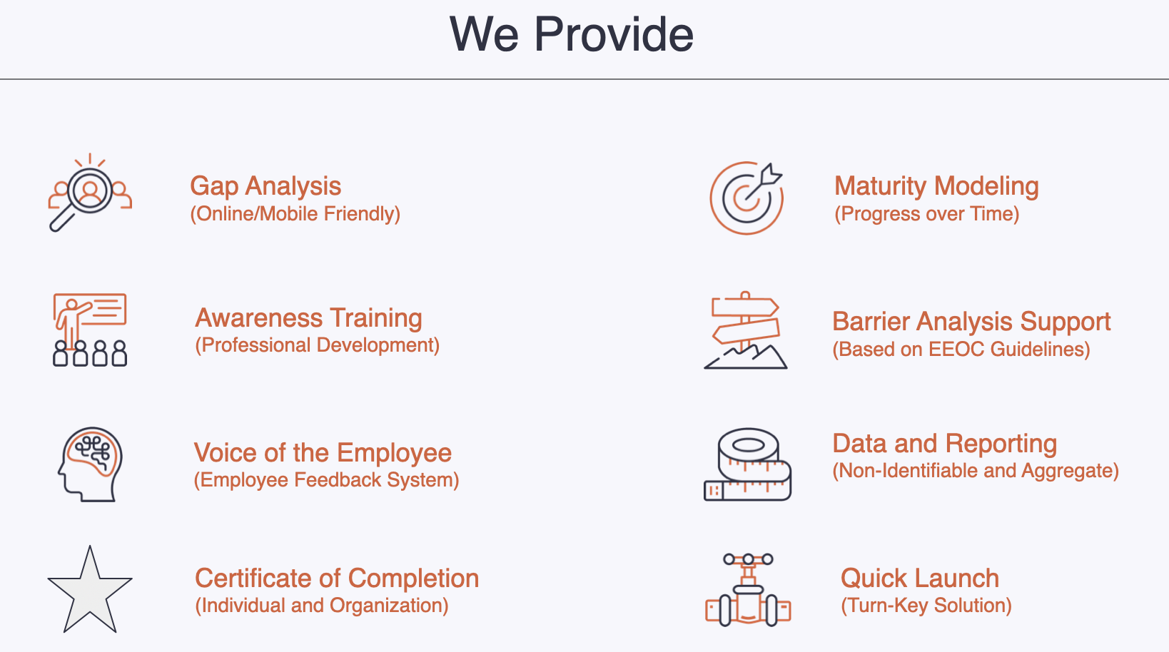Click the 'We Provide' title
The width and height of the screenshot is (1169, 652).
pos(572,34)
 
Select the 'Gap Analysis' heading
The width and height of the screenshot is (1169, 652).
pos(265,186)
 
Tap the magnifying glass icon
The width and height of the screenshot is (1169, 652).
pos(83,198)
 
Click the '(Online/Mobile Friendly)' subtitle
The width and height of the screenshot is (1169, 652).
pos(295,214)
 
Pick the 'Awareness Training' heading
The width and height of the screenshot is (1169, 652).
pos(308,318)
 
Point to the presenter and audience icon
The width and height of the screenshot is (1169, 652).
pos(90,330)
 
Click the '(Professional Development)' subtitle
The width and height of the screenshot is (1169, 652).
pos(318,345)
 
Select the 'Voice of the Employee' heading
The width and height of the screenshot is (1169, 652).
pos(323,452)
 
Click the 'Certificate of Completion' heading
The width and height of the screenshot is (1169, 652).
pos(337,578)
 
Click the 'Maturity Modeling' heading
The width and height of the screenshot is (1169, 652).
pos(936,186)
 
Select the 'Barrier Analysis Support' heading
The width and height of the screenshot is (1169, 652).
pos(971,322)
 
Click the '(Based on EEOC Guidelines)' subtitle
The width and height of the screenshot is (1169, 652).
pos(961,350)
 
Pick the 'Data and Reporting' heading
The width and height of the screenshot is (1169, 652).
pos(945,444)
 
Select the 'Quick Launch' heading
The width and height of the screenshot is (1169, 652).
pos(919,578)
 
